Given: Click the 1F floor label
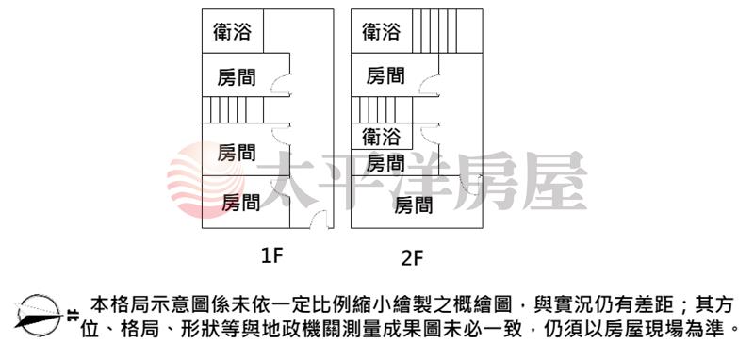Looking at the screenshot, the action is click(x=270, y=256).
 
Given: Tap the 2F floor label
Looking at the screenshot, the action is click(x=412, y=258).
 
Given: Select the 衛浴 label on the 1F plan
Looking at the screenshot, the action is click(x=232, y=32).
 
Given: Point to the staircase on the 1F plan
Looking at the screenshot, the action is click(x=233, y=109).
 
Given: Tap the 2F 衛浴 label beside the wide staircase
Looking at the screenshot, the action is click(x=382, y=32).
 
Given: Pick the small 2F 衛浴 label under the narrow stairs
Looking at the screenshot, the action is click(x=382, y=137).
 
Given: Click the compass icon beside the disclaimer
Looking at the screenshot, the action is click(x=39, y=316).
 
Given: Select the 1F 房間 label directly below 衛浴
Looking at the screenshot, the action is click(x=237, y=77).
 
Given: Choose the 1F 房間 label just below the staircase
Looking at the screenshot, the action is click(x=237, y=153).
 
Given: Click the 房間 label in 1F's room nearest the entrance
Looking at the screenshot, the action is click(x=241, y=203).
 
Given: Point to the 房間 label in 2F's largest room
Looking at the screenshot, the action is click(x=414, y=205).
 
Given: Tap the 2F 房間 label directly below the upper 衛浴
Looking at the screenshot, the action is click(x=385, y=75).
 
